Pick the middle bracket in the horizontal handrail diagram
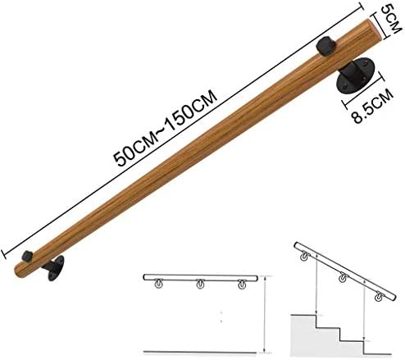point(198,285)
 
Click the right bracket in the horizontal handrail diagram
point(241,285)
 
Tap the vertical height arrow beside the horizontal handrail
point(264,312)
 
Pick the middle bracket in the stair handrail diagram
point(341,277)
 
